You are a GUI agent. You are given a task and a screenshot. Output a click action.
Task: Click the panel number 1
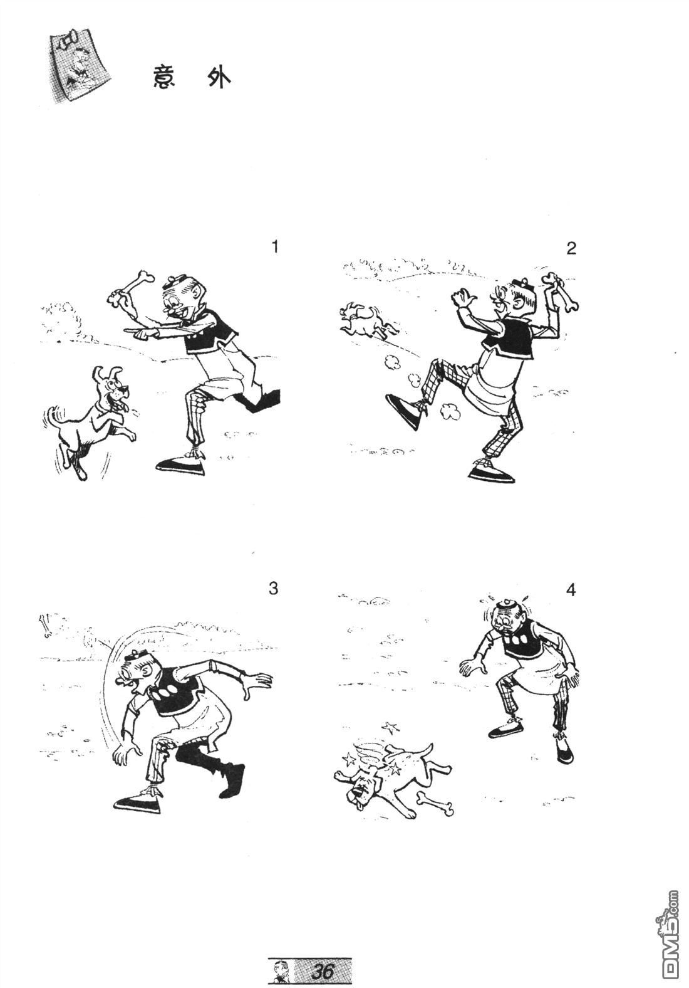275,247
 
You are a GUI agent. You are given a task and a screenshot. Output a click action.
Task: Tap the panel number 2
571,249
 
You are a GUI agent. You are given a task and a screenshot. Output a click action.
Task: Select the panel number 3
273,588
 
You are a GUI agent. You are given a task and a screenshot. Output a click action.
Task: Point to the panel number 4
571,590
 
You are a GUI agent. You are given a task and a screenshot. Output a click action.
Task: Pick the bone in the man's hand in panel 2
560,292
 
